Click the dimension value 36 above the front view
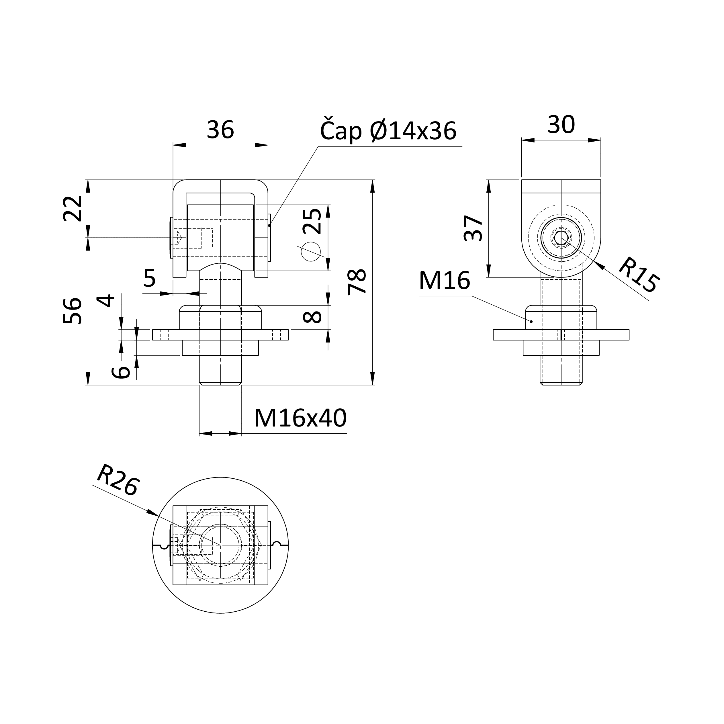tap(220, 130)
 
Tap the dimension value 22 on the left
tap(72, 208)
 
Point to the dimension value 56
tap(72, 311)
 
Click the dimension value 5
tap(150, 278)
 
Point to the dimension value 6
tap(121, 372)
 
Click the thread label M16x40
tap(300, 418)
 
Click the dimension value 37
tap(473, 228)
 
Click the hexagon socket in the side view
tap(561, 238)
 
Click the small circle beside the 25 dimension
tap(311, 251)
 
